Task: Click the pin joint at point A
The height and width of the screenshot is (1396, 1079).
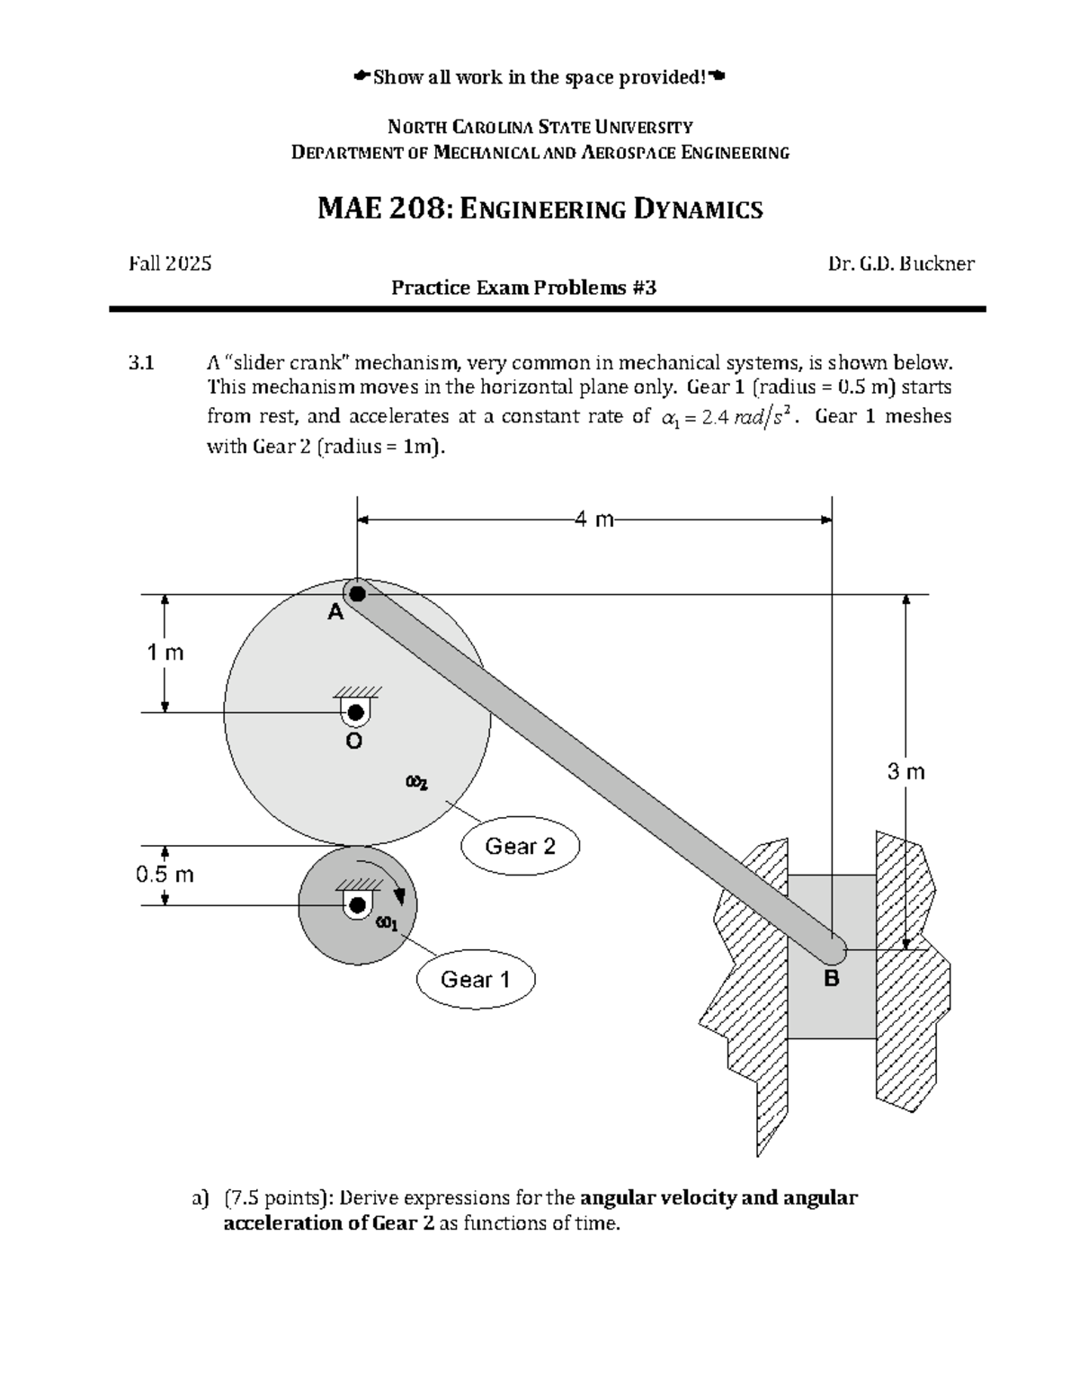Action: coord(358,593)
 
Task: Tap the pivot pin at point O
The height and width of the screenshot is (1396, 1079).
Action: coord(355,713)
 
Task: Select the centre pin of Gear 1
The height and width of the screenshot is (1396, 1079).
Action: coord(357,904)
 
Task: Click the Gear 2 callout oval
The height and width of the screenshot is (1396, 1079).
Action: coord(520,846)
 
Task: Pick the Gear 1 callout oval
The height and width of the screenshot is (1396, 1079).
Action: coord(475,979)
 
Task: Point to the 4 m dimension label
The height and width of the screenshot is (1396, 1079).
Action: coord(593,519)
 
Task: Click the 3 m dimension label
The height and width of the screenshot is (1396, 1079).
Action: coord(905,771)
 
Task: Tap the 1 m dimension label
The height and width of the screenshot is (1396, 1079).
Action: coord(165,653)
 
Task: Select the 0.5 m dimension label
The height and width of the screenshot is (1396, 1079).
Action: coord(165,875)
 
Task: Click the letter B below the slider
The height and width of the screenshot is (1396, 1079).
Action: coord(832,979)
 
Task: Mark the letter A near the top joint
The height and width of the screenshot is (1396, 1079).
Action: coord(335,613)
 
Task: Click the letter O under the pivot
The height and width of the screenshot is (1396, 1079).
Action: coord(354,742)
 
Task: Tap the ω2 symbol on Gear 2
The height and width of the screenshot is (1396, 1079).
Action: coord(416,783)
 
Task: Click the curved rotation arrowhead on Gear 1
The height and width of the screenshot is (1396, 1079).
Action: coord(400,900)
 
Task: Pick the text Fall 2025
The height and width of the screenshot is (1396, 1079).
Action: coord(171,263)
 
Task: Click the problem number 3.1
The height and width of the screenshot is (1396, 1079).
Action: coord(141,363)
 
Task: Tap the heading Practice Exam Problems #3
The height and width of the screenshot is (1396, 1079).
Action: coord(523,288)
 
